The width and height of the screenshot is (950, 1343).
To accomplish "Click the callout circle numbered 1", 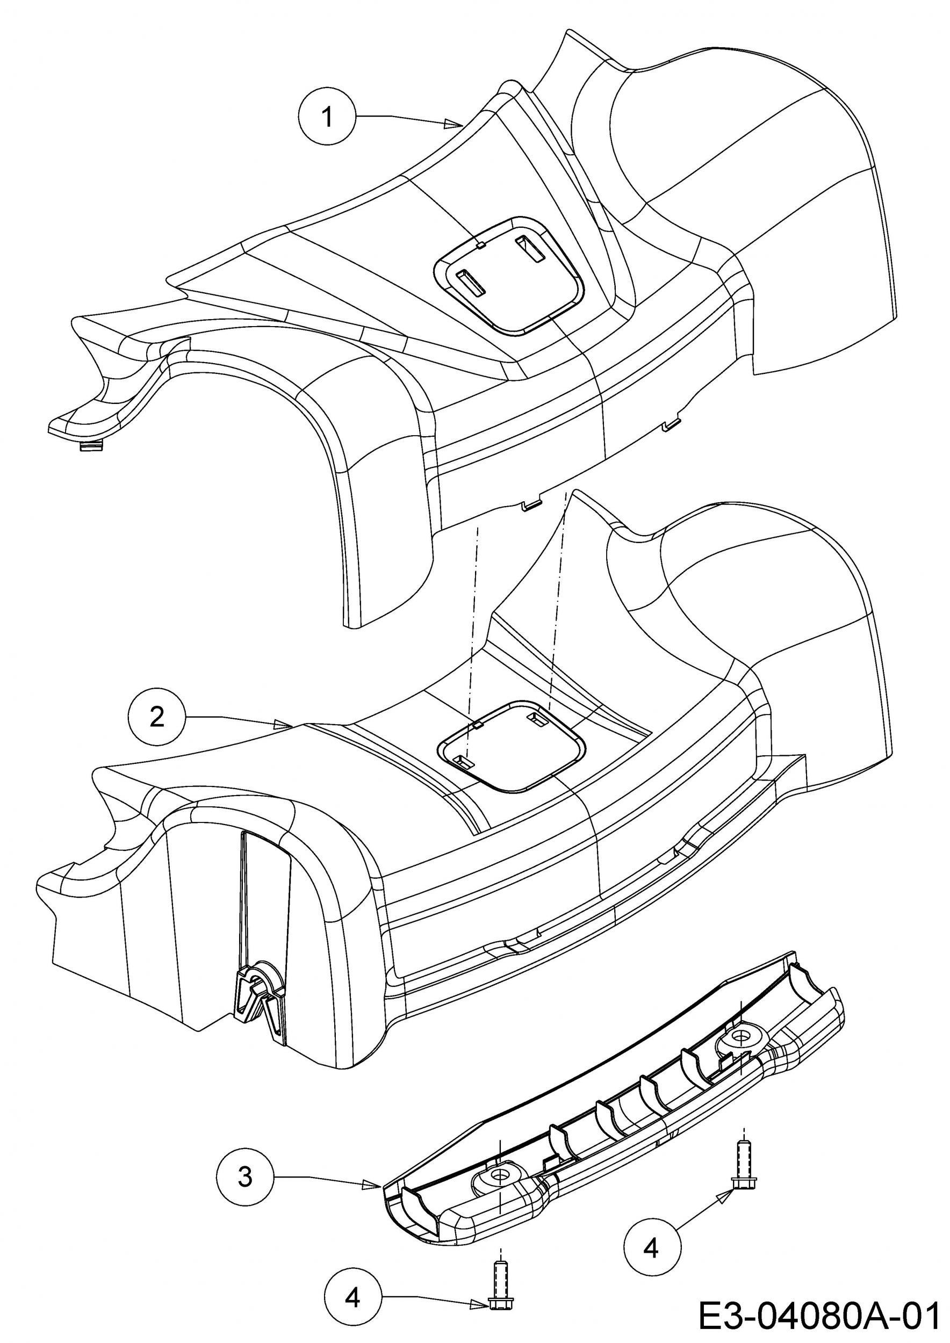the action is coord(328,117).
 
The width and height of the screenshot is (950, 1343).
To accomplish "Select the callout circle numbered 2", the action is coord(157,717).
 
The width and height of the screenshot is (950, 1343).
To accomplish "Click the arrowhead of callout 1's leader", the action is coord(454,124).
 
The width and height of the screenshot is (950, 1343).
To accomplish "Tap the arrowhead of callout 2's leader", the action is coord(284,724).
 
